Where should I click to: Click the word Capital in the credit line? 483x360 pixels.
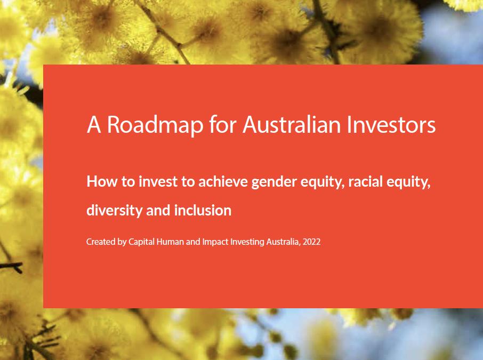(x=141, y=242)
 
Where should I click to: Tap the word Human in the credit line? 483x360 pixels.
(x=170, y=242)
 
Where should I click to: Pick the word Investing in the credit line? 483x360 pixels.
(x=246, y=242)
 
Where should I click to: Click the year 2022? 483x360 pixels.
(x=311, y=242)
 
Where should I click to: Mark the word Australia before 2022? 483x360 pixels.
(x=283, y=242)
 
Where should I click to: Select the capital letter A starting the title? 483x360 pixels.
(x=94, y=125)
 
